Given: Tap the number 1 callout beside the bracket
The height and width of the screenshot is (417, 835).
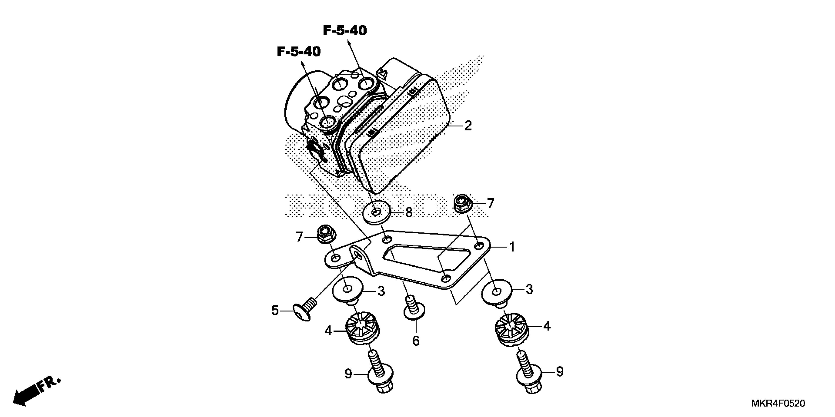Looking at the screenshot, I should pos(512,247).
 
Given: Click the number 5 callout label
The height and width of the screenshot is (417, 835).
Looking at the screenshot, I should pos(275,311).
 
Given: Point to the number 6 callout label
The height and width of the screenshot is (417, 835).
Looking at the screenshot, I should pos(416,341).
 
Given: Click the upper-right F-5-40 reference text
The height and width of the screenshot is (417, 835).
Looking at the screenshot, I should pos(345,31).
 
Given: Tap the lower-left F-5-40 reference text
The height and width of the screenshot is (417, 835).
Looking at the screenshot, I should pos(299,52).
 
